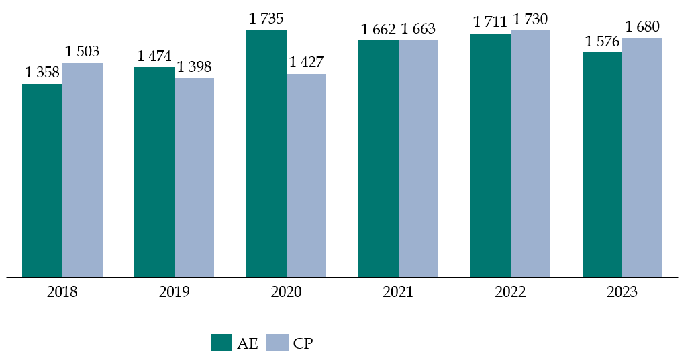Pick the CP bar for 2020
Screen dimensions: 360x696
[x=306, y=175]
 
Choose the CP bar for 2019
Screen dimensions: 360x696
[x=194, y=177]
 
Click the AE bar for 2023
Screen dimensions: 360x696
[x=602, y=165]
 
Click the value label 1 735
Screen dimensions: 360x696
[x=267, y=19]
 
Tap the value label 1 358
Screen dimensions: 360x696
[x=42, y=73]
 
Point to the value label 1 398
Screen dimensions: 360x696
[x=195, y=66]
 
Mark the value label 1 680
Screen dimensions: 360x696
[x=642, y=27]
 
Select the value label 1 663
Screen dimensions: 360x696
[x=418, y=29]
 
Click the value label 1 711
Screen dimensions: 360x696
[x=491, y=22]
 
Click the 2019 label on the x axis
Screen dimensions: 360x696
[x=175, y=292]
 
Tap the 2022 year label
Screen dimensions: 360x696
[x=510, y=292]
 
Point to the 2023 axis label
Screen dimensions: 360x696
[x=622, y=292]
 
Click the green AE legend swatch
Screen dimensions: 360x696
[x=221, y=343]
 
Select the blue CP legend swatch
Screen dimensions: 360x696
[x=277, y=343]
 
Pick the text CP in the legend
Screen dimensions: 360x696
[x=303, y=343]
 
